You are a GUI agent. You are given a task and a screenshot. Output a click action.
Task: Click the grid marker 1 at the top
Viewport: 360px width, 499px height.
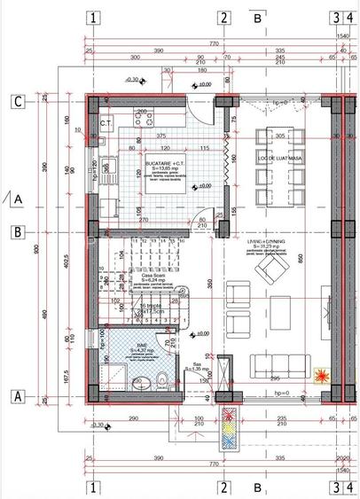(94, 17)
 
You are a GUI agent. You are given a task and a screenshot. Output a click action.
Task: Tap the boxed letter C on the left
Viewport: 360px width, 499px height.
(17, 101)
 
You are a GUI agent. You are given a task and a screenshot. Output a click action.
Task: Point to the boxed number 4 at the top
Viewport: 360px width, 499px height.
(350, 17)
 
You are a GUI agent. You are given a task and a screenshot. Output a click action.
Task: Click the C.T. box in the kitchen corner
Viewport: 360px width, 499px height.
(106, 122)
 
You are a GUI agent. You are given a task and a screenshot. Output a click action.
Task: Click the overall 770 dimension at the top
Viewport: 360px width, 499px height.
(214, 42)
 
